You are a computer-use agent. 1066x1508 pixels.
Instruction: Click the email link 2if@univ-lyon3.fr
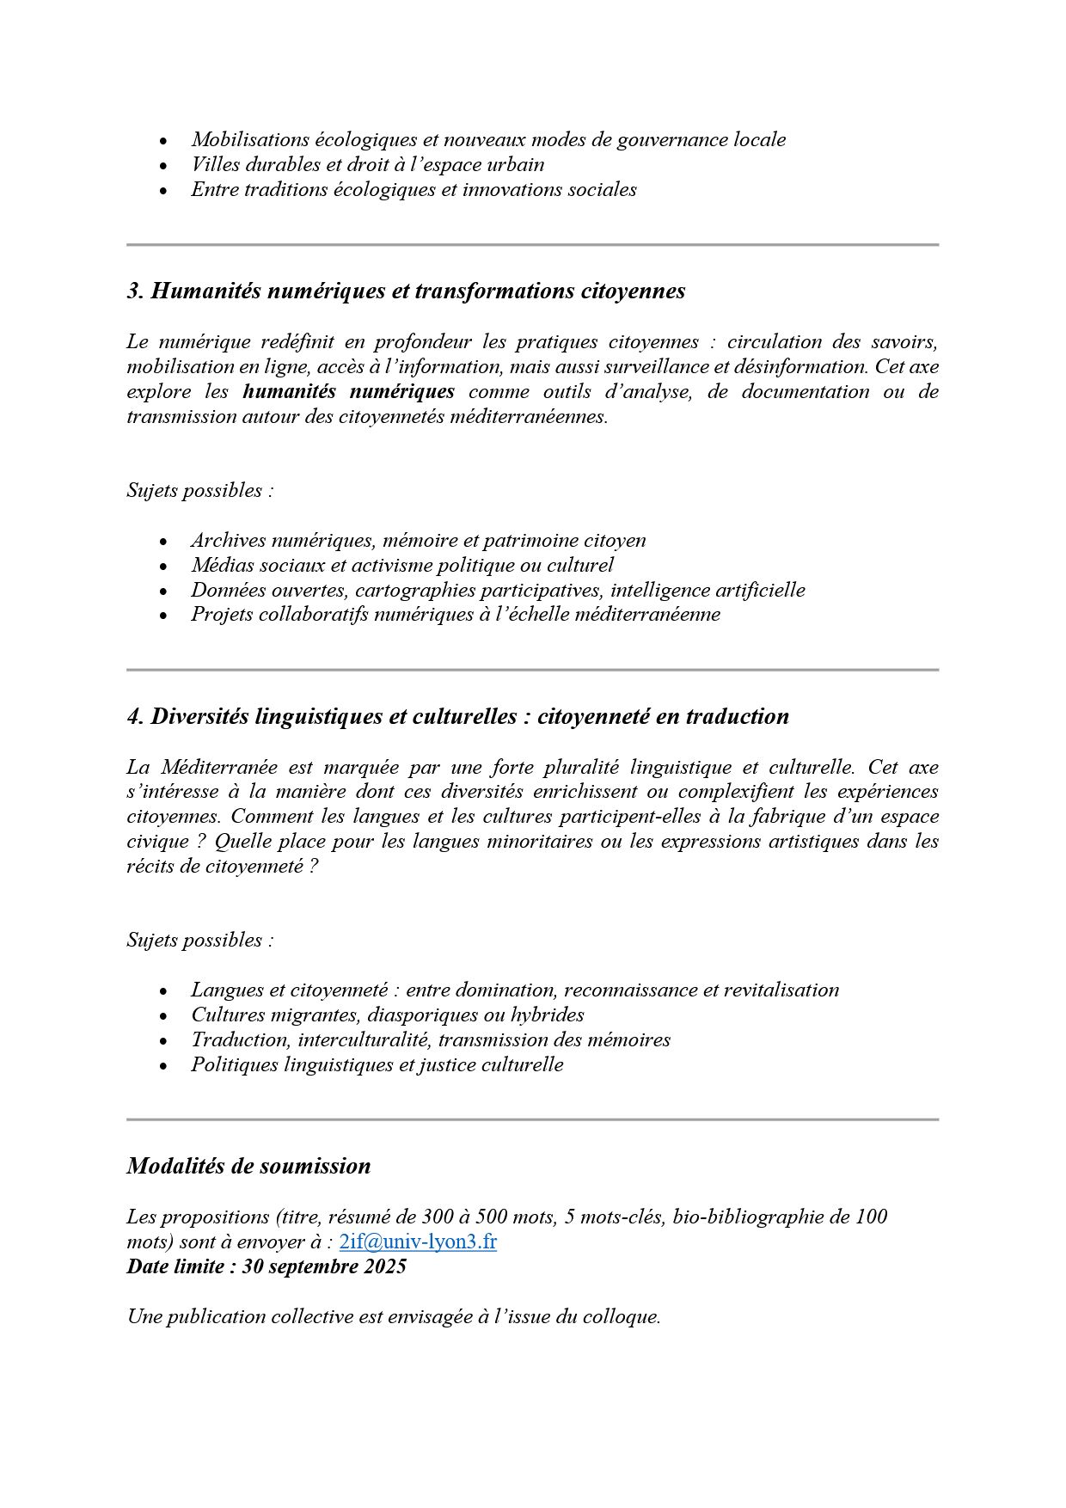[418, 1241]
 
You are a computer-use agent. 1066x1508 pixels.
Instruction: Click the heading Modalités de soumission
[248, 1166]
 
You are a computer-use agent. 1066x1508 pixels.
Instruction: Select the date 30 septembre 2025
[324, 1266]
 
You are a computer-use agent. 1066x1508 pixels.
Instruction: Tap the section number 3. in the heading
[135, 291]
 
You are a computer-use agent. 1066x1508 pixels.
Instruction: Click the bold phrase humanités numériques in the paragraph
[348, 392]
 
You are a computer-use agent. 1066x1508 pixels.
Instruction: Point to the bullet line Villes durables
[367, 164]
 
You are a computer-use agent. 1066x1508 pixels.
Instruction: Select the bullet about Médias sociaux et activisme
[401, 565]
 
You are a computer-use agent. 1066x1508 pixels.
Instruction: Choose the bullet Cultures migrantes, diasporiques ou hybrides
[387, 1015]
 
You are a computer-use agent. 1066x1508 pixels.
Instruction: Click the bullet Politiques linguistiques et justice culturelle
[377, 1064]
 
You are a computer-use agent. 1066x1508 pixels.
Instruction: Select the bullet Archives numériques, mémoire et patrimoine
[418, 540]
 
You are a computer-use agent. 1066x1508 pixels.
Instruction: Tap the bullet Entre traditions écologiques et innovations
[414, 189]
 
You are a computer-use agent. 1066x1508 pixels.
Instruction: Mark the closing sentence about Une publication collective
[394, 1316]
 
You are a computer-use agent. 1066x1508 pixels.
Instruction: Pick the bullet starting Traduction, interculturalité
[430, 1039]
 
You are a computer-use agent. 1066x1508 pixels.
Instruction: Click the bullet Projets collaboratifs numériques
[455, 615]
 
